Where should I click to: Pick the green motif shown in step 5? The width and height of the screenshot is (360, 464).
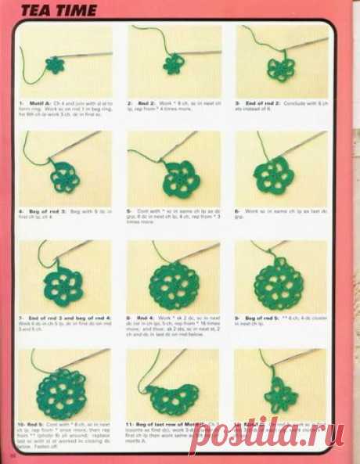(172, 175)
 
